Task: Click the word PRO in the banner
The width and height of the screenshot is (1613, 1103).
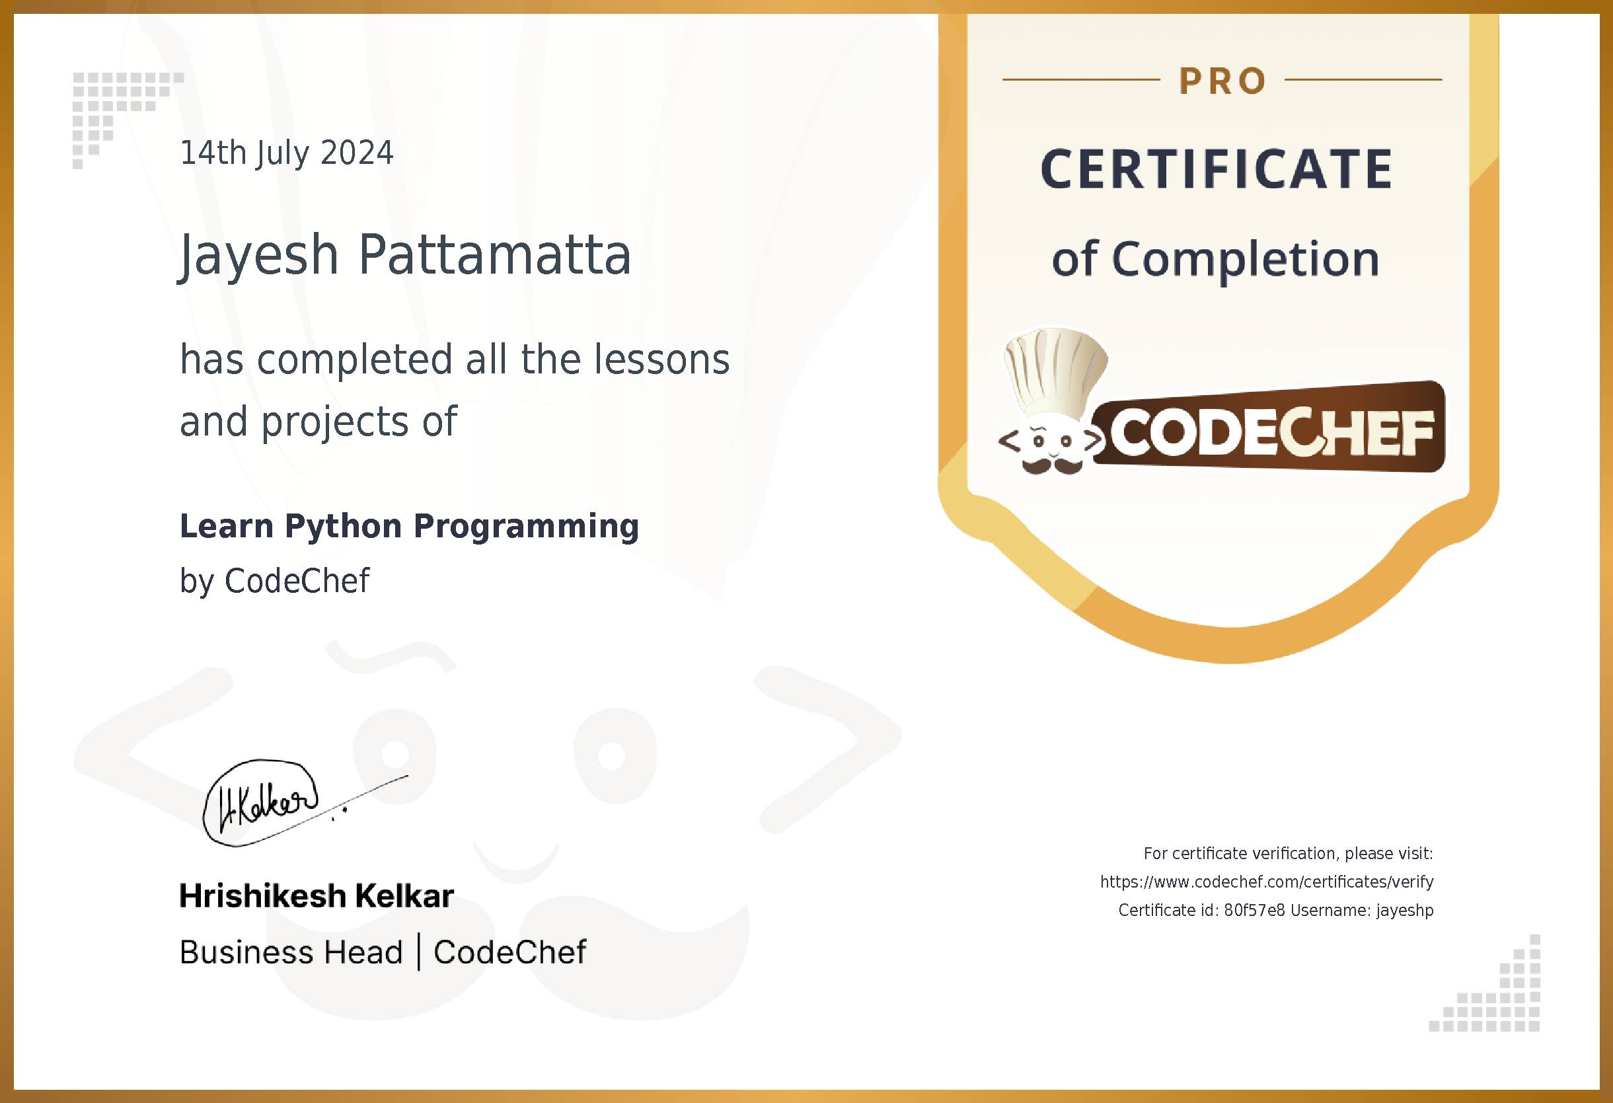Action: [x=1222, y=81]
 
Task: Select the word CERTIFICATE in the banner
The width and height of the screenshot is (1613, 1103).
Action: [x=1217, y=169]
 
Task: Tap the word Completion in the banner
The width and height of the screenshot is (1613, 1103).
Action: [x=1245, y=260]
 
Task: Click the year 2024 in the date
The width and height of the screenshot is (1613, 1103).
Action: [x=357, y=153]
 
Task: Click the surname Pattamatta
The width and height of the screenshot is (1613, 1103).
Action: [x=494, y=254]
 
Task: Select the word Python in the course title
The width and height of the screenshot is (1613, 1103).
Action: [x=343, y=526]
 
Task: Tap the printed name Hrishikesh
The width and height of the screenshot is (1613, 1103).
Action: [x=262, y=896]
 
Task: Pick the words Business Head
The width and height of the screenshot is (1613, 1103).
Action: [x=291, y=952]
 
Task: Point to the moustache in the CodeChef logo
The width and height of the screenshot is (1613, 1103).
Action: [x=1053, y=466]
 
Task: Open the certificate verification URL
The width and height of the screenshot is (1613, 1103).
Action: [x=1267, y=882]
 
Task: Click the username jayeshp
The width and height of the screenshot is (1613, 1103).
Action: [x=1405, y=910]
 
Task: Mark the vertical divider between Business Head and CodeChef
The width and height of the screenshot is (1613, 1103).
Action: [x=418, y=952]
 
